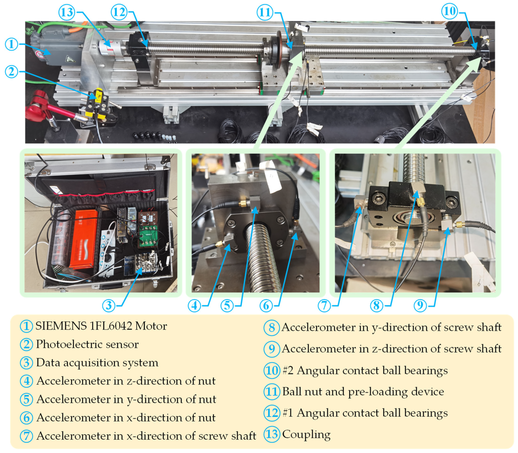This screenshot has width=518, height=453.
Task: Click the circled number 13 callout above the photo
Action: click(x=67, y=12)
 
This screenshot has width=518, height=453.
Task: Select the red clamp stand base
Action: click(x=37, y=106)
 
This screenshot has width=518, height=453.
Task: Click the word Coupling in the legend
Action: click(x=306, y=434)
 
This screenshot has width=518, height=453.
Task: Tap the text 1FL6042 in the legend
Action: click(x=111, y=326)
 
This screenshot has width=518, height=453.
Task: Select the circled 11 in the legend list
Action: click(x=272, y=392)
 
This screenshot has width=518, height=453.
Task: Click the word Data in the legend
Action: click(x=48, y=362)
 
